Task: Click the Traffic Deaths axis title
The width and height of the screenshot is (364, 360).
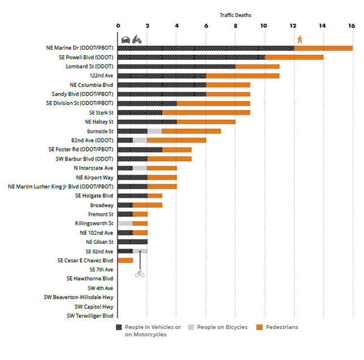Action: (235, 15)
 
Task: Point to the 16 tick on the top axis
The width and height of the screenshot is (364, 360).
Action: (352, 25)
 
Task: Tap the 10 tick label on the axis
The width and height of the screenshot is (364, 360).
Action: (263, 25)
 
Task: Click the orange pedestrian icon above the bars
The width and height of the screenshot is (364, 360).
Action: (300, 39)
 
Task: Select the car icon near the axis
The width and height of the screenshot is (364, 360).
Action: (125, 40)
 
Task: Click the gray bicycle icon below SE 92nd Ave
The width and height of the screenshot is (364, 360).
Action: (140, 274)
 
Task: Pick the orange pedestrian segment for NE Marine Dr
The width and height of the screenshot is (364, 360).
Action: (323, 48)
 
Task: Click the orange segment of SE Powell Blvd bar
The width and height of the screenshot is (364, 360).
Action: (294, 57)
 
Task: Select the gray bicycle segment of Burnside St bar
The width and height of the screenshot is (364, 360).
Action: (154, 131)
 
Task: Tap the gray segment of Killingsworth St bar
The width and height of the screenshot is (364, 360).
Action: (125, 223)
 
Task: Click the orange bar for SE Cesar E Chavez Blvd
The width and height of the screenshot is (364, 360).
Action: (125, 260)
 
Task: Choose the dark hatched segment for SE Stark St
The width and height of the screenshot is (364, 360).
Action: (140, 112)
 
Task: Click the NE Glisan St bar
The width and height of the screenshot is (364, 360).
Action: (133, 241)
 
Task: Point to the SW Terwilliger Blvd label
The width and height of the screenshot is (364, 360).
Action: (90, 315)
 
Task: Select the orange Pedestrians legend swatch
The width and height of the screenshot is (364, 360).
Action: (260, 327)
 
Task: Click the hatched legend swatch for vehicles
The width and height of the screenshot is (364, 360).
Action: (119, 327)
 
